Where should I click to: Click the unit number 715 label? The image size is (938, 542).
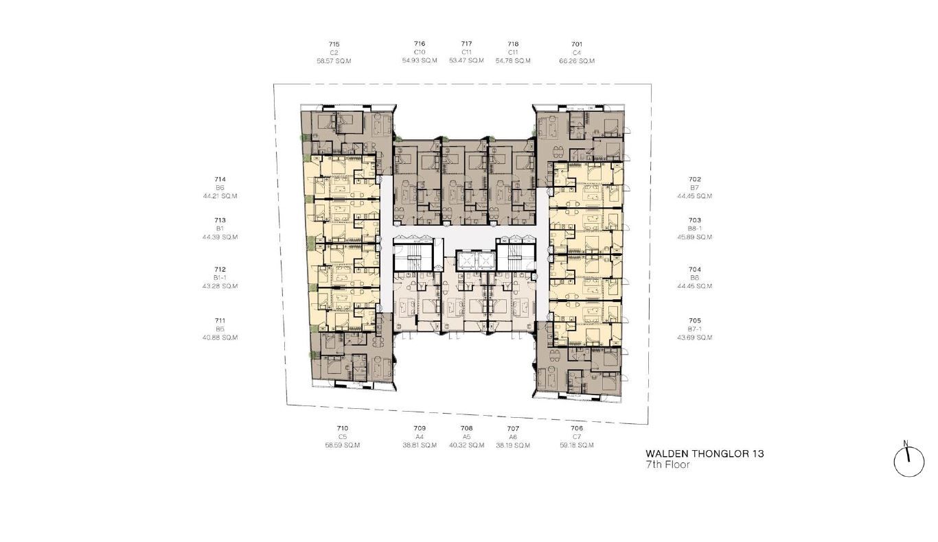coord(334,44)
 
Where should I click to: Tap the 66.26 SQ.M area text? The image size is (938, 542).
coord(577,60)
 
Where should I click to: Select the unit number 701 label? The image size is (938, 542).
coord(577,44)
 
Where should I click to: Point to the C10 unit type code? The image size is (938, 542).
coord(420,52)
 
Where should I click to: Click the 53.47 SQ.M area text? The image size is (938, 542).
coord(466,60)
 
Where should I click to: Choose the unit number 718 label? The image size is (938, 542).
coord(513,43)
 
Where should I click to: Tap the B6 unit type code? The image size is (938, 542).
coord(220,187)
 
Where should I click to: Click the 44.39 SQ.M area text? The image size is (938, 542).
coord(220,237)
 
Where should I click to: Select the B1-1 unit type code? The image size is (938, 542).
coord(220,277)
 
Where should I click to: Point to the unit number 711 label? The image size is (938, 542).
coord(220,320)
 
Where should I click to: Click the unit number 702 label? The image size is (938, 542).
coord(695,179)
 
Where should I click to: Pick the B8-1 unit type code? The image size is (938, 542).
coord(695,228)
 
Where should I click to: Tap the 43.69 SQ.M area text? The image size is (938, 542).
coord(695,338)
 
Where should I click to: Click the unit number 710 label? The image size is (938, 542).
coord(342,428)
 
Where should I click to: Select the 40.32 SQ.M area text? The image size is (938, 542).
coord(466,445)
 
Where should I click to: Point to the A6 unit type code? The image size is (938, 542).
coord(513,437)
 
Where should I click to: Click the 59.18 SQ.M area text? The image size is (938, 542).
coord(577,445)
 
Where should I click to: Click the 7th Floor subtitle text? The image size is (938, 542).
coord(667,464)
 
